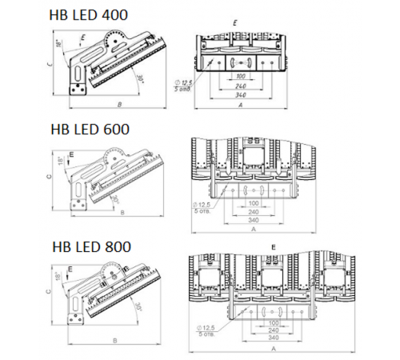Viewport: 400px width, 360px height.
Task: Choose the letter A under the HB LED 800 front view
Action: click(x=274, y=349)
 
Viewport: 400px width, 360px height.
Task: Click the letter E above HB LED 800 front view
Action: click(x=274, y=248)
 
